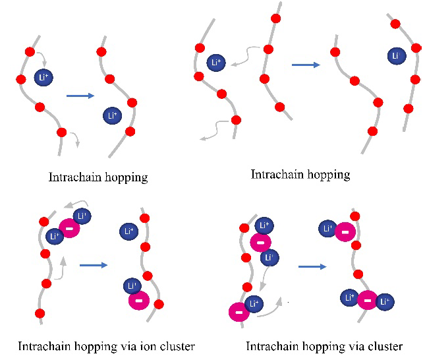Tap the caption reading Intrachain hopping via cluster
[x=324, y=345]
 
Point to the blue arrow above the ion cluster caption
[x=94, y=265]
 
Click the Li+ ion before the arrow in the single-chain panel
[x=45, y=77]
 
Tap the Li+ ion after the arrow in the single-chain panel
[x=113, y=116]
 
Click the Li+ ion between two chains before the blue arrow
[x=216, y=63]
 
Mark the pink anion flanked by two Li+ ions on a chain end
[x=367, y=301]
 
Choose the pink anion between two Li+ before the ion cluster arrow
[x=69, y=228]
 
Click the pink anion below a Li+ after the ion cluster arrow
[x=139, y=301]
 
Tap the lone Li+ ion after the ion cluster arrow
[x=128, y=231]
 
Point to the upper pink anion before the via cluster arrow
[x=260, y=243]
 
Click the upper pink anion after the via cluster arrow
[x=344, y=231]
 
